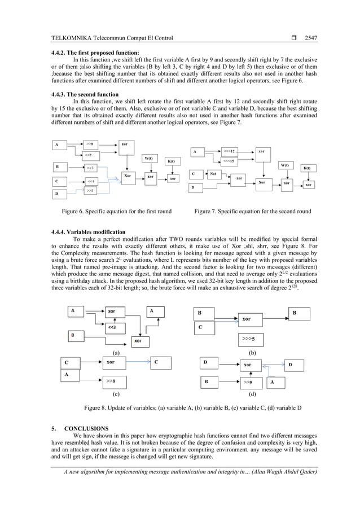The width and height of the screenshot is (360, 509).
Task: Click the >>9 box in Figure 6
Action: pos(91,144)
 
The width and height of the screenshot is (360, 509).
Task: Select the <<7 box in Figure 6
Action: pos(91,155)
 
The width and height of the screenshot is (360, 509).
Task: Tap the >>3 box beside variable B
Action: pos(91,168)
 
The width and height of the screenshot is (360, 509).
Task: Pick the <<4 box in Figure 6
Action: pos(91,181)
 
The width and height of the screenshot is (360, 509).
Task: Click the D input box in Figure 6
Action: pos(62,194)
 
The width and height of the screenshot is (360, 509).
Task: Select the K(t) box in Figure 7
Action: pos(306,168)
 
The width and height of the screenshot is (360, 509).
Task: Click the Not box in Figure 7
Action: pos(213,174)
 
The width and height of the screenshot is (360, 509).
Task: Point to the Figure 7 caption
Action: pos(252,212)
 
